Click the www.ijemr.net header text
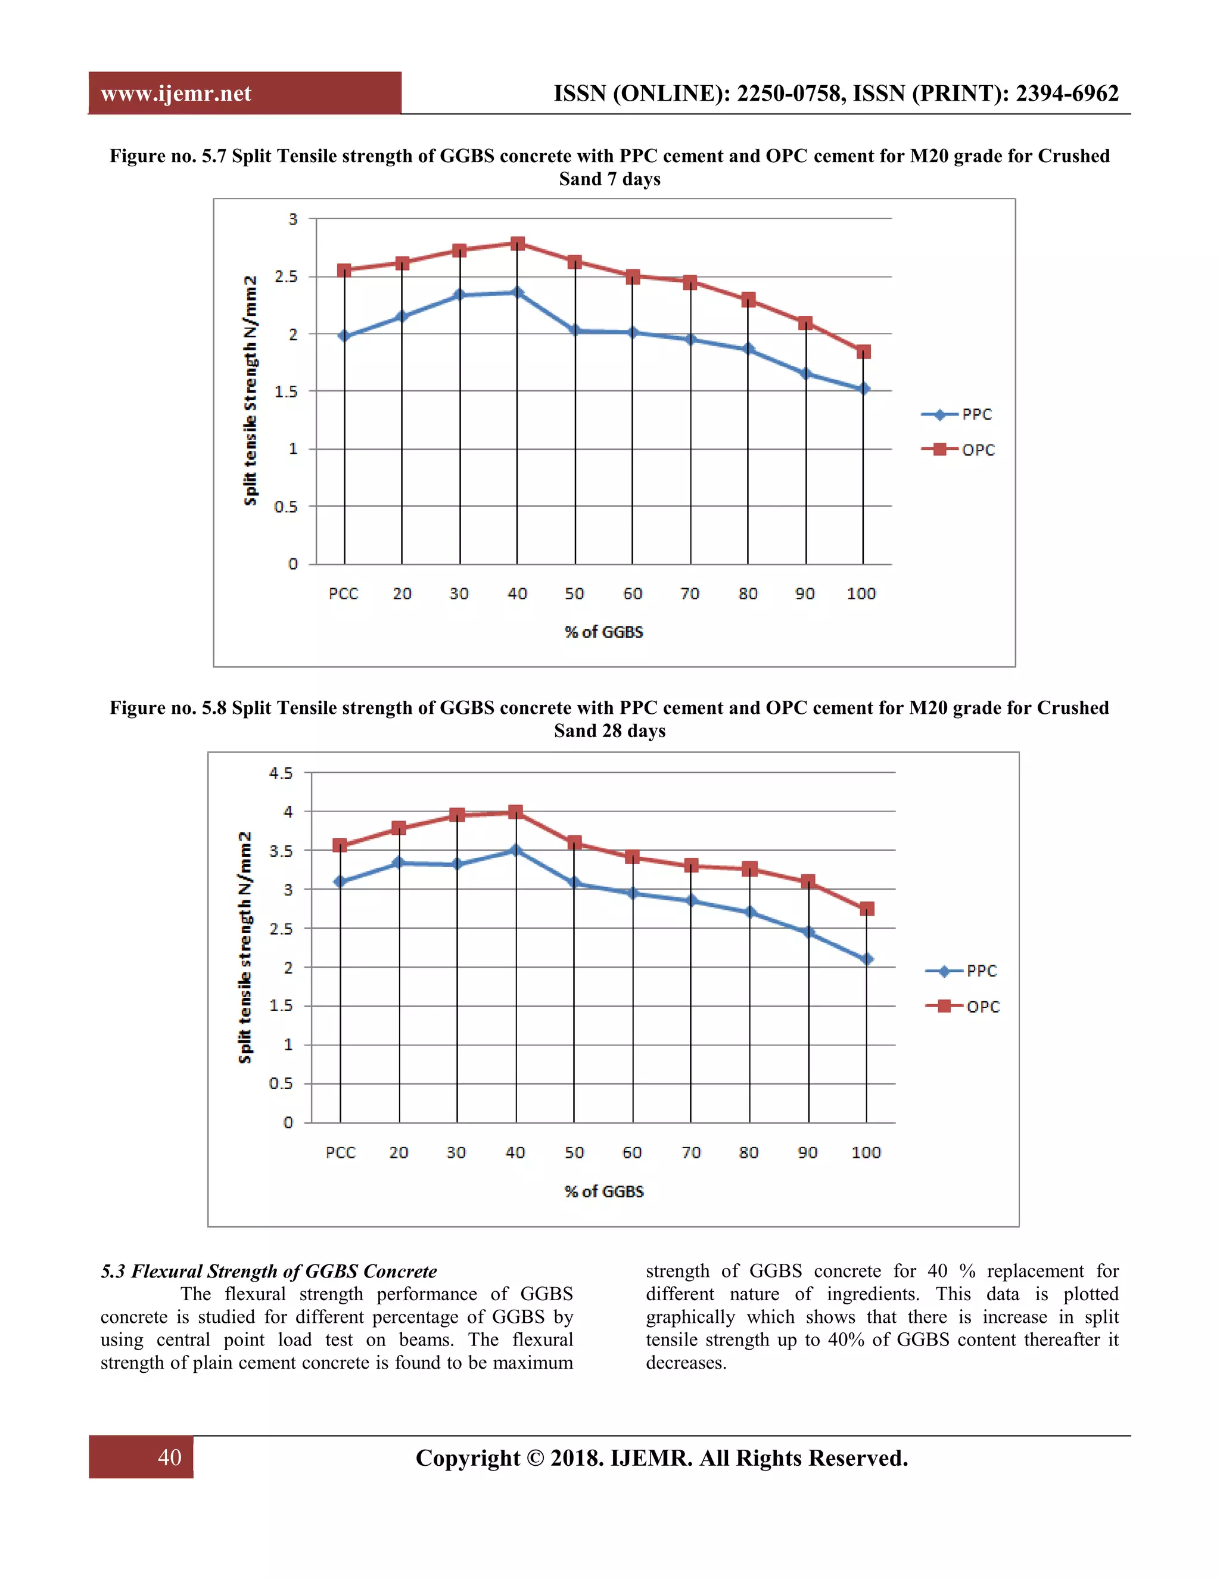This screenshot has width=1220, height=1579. tap(176, 94)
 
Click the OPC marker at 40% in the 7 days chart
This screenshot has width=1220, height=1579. tap(516, 244)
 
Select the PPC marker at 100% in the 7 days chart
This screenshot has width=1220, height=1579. tap(863, 389)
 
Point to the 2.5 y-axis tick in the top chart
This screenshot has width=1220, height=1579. tap(286, 276)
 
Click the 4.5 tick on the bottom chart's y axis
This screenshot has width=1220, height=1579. tap(281, 773)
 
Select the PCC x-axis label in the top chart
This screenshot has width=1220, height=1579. tap(343, 593)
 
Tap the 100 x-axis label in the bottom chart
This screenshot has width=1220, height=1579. tap(866, 1152)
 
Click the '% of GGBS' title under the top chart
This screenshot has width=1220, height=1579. tap(603, 632)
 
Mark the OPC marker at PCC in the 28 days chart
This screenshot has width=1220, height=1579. tap(340, 845)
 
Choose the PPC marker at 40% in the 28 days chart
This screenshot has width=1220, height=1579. tap(515, 850)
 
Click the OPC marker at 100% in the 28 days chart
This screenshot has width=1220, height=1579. tap(867, 909)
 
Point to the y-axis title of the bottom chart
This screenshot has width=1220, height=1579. tap(245, 947)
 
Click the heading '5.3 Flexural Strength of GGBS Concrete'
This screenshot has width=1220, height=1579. tap(269, 1271)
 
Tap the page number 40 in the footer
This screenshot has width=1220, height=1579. tap(169, 1457)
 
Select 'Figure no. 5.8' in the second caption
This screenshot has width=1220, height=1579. tap(167, 708)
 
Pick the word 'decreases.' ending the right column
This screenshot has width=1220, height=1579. tap(686, 1363)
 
